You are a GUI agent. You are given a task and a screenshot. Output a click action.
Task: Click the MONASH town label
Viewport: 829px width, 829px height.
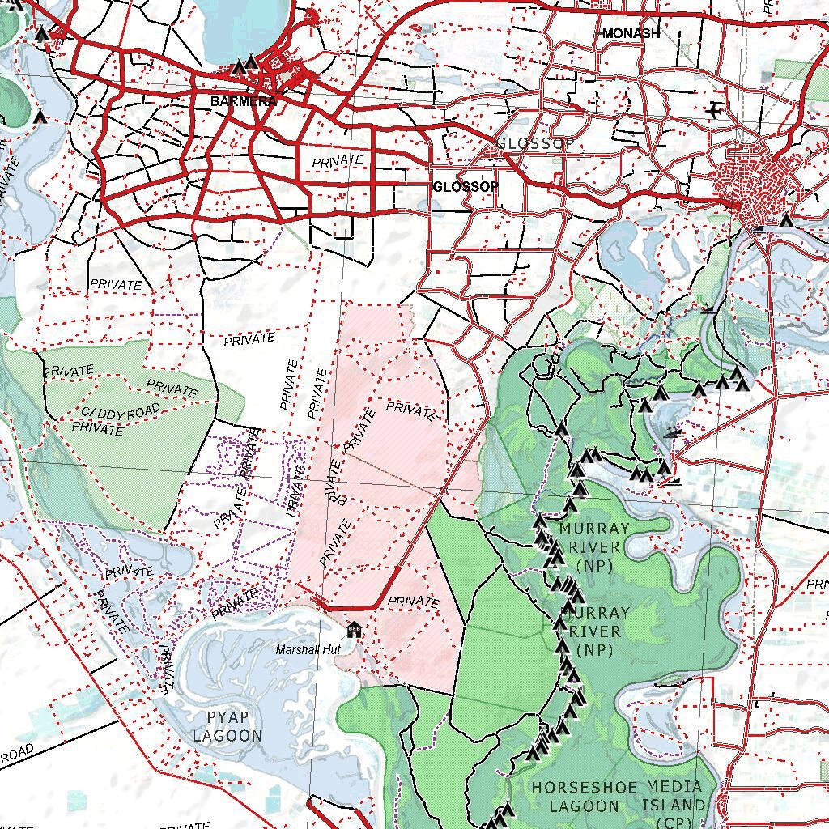pyautogui.click(x=631, y=33)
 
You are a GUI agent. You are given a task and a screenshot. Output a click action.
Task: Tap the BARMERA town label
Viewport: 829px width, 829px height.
pyautogui.click(x=243, y=101)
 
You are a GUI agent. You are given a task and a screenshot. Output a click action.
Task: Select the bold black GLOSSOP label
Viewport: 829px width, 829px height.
pyautogui.click(x=466, y=186)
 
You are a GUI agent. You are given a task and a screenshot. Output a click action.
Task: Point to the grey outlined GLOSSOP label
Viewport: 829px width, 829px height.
pyautogui.click(x=535, y=144)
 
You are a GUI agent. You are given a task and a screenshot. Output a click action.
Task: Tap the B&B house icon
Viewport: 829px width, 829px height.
pyautogui.click(x=354, y=628)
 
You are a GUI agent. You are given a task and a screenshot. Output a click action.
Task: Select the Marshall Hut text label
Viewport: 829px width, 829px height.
pyautogui.click(x=307, y=650)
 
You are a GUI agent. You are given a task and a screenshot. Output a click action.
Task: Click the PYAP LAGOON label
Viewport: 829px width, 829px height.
pyautogui.click(x=227, y=727)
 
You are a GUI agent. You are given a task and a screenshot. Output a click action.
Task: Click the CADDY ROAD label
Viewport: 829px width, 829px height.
pyautogui.click(x=121, y=413)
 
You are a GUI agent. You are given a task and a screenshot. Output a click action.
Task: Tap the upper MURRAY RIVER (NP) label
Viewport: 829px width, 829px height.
pyautogui.click(x=594, y=546)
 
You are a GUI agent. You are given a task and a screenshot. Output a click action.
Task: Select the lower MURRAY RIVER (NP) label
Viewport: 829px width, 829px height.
pyautogui.click(x=593, y=631)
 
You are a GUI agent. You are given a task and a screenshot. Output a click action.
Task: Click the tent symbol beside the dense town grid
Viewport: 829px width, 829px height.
pyautogui.click(x=785, y=219)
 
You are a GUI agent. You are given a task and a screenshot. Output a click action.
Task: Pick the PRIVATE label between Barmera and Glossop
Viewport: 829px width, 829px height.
pyautogui.click(x=338, y=160)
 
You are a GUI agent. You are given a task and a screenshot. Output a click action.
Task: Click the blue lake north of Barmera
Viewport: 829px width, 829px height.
pyautogui.click(x=243, y=28)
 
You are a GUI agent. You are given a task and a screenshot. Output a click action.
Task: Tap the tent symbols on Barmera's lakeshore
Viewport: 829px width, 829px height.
pyautogui.click(x=244, y=66)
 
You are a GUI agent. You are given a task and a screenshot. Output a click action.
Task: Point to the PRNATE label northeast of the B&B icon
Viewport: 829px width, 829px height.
pyautogui.click(x=413, y=602)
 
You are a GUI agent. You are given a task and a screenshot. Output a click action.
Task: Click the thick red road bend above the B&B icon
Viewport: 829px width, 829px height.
pyautogui.click(x=376, y=603)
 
